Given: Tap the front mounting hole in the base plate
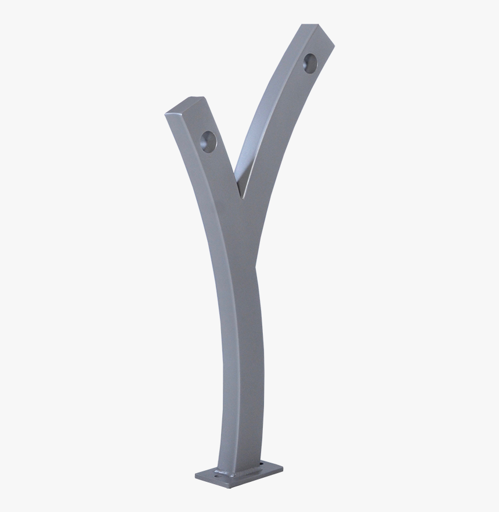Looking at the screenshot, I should (218, 476).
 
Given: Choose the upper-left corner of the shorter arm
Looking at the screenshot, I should (166, 114).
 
